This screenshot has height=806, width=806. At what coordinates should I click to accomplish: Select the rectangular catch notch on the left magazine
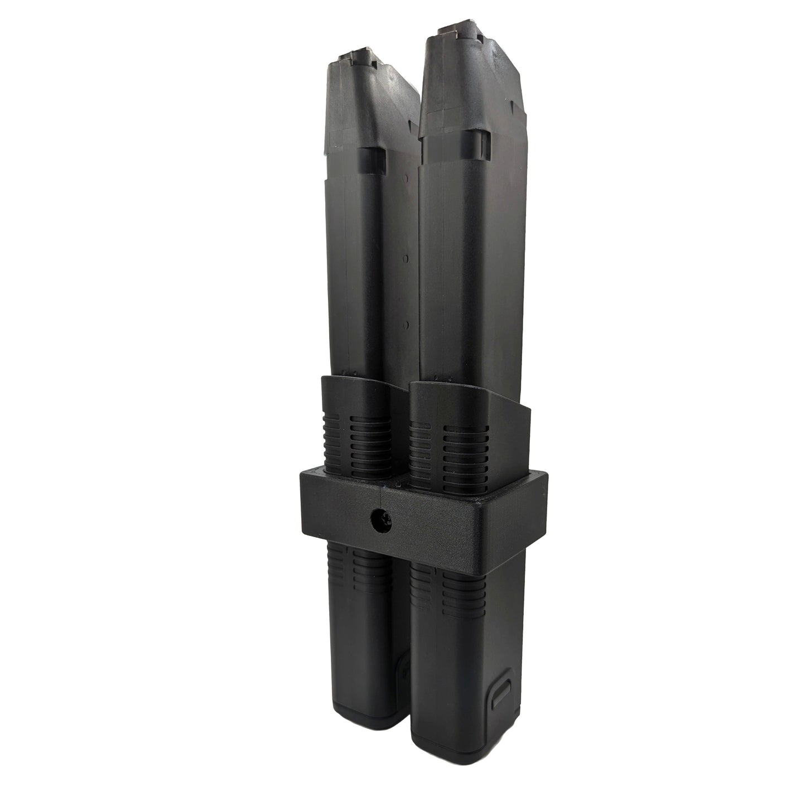[x=371, y=157]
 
